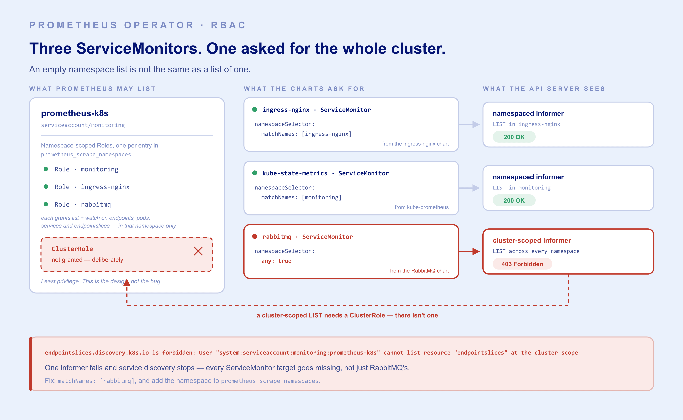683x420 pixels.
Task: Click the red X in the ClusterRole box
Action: (198, 251)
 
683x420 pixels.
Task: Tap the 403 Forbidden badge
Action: (522, 264)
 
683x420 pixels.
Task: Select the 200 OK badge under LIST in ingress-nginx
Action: (514, 137)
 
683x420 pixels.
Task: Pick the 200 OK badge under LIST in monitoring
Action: (514, 200)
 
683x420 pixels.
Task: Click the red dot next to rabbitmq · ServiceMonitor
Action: (254, 236)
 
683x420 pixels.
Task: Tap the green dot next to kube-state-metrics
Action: (254, 173)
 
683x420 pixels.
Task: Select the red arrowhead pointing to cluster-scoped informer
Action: (476, 251)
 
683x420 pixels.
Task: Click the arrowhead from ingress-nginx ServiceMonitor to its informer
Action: (476, 124)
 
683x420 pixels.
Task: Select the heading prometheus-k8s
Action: (75, 113)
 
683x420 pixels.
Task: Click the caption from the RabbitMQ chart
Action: (419, 271)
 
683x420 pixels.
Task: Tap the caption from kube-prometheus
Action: (422, 207)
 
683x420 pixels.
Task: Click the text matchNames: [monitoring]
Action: (301, 197)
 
